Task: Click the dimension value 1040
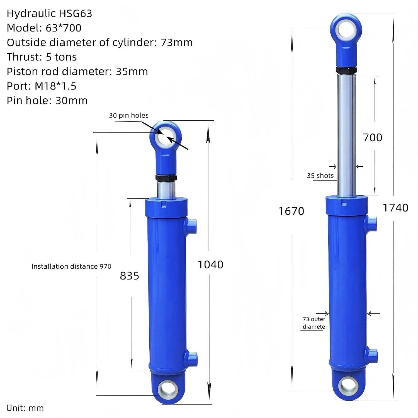210,264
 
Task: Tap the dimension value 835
129,276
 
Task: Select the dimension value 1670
291,211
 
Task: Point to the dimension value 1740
395,208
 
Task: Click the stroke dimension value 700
372,137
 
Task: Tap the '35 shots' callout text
320,176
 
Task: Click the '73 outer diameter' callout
315,323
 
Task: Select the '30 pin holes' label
128,115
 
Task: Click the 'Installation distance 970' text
71,266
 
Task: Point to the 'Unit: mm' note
25,408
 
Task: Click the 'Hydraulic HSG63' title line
49,13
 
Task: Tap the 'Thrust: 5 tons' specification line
42,57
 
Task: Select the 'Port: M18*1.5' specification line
42,86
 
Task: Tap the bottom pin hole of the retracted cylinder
168,389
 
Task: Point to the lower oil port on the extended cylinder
372,355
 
